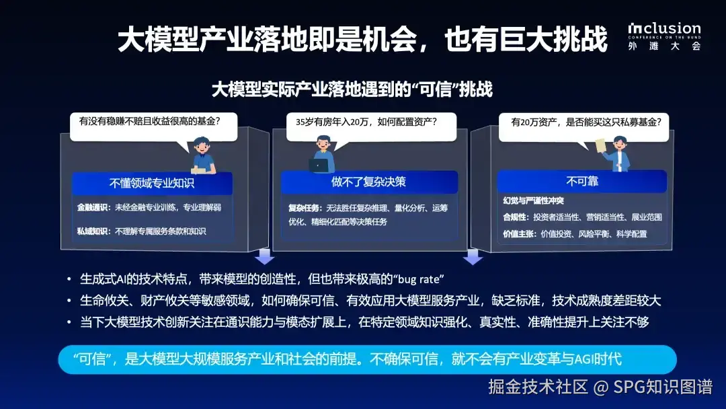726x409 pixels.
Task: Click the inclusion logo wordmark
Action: (664, 29)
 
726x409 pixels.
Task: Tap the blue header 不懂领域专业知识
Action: (152, 183)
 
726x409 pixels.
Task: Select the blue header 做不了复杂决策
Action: (369, 182)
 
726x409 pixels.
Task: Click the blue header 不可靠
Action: (582, 181)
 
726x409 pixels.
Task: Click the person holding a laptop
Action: (323, 154)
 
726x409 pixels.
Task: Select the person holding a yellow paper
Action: (614, 154)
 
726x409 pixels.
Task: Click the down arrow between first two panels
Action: (264, 256)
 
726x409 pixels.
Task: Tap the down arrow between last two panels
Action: (473, 256)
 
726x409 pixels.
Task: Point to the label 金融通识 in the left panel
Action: (93, 207)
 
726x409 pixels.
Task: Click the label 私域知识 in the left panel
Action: (93, 231)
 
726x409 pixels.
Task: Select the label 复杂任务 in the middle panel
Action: (304, 208)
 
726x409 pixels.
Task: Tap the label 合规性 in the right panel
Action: (514, 217)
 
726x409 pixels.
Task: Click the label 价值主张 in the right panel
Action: (518, 234)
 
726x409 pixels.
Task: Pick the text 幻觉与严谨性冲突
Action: (533, 200)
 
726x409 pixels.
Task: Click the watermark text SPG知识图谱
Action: (663, 387)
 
